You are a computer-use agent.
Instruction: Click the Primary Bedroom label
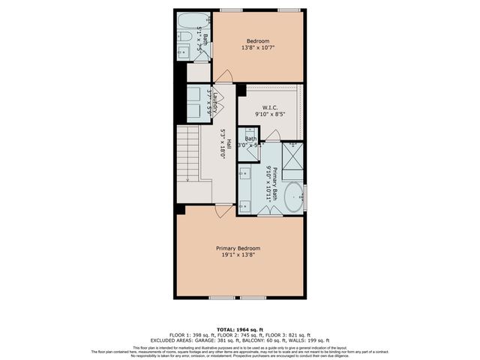[238, 248]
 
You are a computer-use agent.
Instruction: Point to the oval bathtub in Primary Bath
[292, 198]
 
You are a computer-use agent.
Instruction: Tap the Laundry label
[214, 101]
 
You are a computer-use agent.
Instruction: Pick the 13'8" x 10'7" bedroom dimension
[258, 48]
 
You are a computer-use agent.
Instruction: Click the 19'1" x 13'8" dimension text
[238, 255]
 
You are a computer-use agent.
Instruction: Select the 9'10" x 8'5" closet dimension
[271, 114]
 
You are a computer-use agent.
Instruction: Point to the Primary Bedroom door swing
[223, 210]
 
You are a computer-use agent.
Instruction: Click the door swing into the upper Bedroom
[223, 76]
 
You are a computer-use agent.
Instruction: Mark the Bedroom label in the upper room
[258, 40]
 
